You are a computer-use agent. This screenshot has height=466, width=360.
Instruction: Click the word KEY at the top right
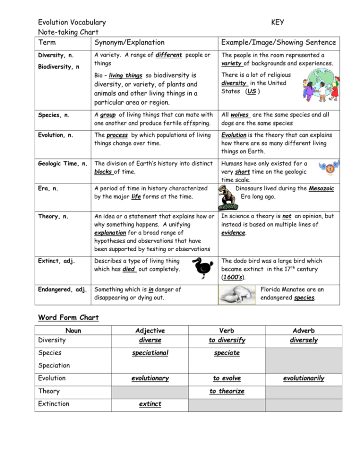coord(278,22)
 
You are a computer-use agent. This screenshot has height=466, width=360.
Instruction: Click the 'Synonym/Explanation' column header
coord(129,43)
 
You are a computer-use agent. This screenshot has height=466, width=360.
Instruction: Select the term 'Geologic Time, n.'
coord(62,164)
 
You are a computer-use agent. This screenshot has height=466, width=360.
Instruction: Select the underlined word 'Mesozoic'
coord(321,189)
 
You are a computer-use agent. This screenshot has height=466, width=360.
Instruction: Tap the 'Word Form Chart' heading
coord(68,318)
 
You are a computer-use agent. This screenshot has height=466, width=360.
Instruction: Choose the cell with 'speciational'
coord(150,353)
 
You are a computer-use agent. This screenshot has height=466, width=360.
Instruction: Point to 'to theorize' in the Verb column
coord(226,392)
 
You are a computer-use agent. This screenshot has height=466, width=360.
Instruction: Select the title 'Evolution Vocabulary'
coord(72,22)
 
